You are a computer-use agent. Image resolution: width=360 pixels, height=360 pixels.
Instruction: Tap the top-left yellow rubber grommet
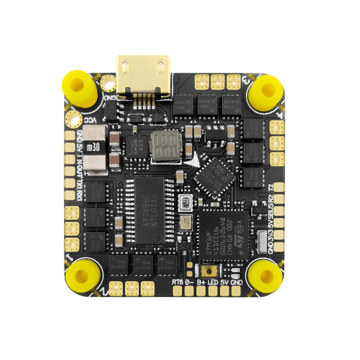79,86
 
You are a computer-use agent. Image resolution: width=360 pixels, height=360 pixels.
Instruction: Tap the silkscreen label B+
201,282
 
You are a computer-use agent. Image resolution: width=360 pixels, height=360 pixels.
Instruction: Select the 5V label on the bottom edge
224,282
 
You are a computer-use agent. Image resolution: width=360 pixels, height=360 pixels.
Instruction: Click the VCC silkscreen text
90,121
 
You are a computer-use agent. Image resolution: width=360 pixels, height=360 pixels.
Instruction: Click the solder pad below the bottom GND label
235,292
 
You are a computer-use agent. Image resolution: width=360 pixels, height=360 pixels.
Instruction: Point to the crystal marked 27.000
185,220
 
